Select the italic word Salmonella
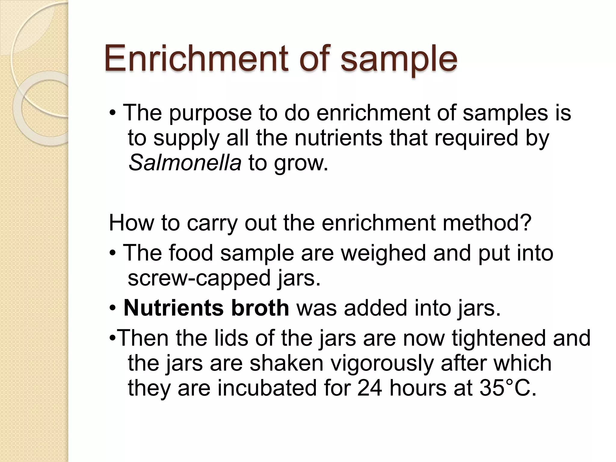point(185,162)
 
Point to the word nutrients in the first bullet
point(338,138)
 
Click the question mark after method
point(526,223)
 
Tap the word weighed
point(383,253)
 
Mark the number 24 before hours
point(370,388)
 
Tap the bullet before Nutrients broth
point(112,308)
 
